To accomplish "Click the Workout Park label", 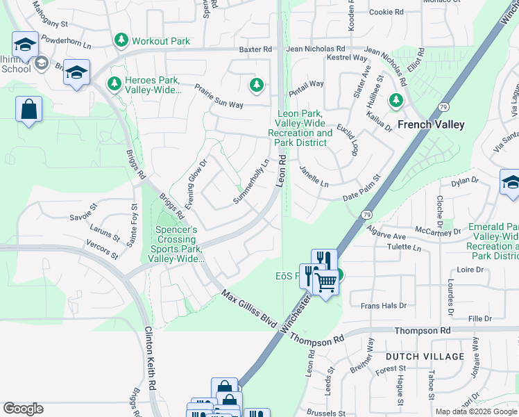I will point(160,41).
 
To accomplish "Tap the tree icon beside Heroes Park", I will point(114,83).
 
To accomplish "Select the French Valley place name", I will point(430,125).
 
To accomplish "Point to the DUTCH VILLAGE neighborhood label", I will point(425,357).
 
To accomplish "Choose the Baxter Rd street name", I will point(255,50).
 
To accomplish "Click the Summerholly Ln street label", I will point(250,183).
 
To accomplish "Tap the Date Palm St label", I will point(362,188).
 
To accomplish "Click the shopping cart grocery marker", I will point(325,281).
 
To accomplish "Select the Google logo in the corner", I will point(23,409).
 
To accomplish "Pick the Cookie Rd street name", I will point(386,13).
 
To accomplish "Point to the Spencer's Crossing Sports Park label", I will point(176,244).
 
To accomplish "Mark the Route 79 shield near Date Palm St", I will point(366,215).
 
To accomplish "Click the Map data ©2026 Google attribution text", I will point(475,411).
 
